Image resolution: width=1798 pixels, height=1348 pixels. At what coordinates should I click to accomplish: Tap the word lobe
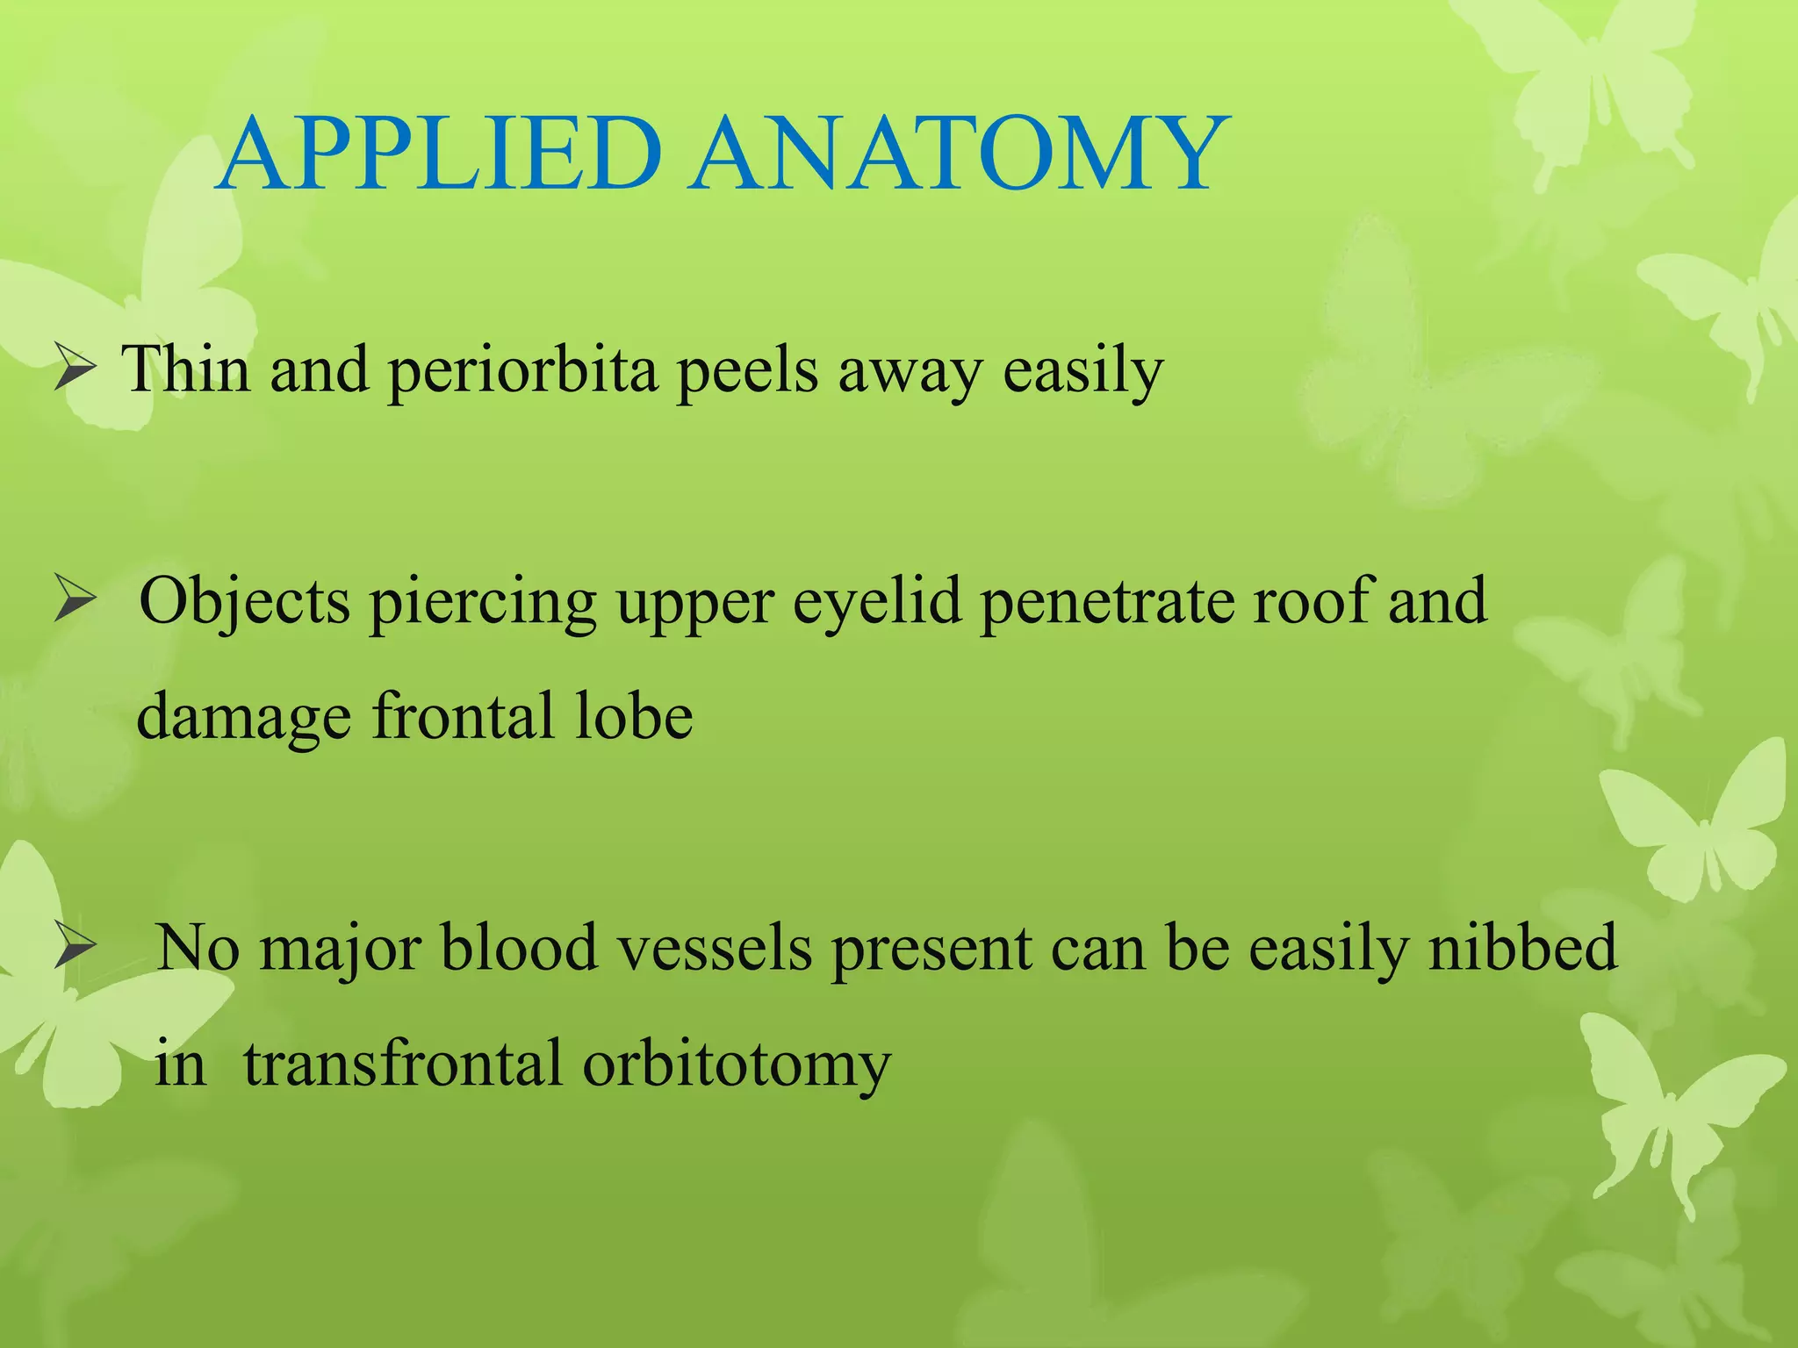(633, 716)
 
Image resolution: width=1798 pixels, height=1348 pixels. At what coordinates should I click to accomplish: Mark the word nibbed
(1522, 948)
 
